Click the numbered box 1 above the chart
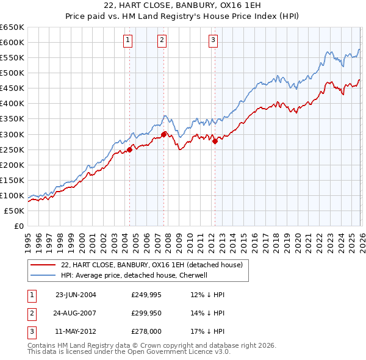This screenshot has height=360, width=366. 128,41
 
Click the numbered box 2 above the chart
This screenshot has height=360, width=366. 162,41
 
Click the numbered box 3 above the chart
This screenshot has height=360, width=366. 213,41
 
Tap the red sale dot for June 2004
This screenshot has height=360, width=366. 129,149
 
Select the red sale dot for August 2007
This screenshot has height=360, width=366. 163,134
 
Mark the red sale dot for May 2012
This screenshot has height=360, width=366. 215,141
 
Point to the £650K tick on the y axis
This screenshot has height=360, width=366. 12,27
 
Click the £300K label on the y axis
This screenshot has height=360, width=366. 12,134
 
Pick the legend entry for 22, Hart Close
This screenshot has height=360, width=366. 152,265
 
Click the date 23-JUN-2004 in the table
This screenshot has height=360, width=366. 76,295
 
